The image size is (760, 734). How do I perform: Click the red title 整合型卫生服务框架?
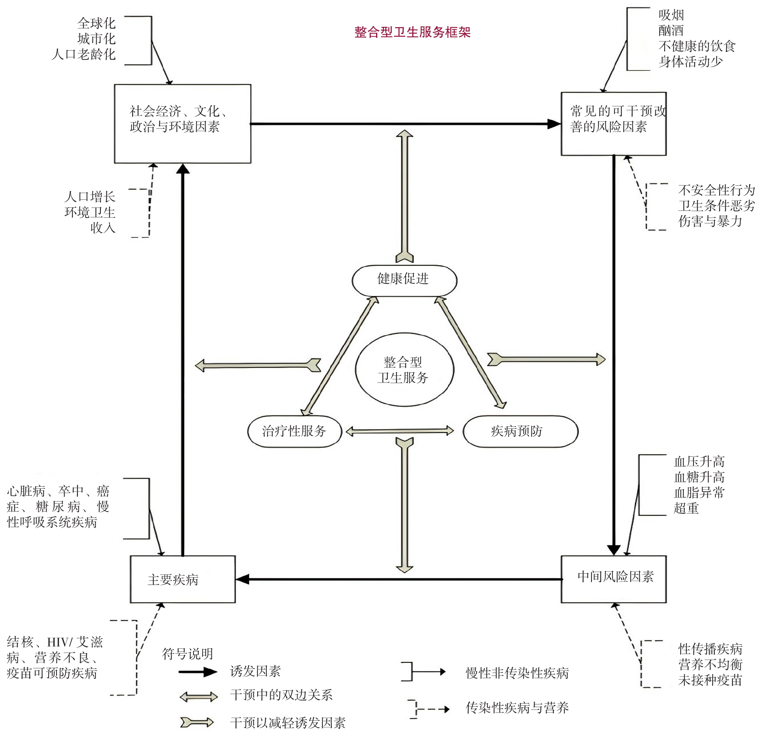[x=412, y=32]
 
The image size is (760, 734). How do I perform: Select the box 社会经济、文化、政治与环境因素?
[x=182, y=123]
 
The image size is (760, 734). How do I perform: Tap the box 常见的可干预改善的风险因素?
[x=613, y=123]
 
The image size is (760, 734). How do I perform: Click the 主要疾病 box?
[x=182, y=579]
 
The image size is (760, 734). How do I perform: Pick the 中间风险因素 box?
[x=613, y=579]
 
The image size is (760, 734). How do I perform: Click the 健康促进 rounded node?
[x=404, y=280]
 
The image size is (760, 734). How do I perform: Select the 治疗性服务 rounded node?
[x=294, y=431]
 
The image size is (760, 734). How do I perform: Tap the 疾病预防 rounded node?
[x=520, y=431]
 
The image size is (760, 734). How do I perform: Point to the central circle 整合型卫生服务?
[x=404, y=370]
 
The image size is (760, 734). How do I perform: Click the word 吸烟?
[x=671, y=15]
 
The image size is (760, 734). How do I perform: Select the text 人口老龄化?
[x=84, y=54]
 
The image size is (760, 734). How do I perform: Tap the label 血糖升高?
[x=699, y=477]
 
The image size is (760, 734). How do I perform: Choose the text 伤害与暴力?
[x=710, y=221]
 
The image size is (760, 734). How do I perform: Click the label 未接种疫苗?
[x=710, y=680]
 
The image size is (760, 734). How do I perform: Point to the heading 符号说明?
[x=187, y=654]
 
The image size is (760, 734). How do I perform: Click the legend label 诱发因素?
[x=255, y=671]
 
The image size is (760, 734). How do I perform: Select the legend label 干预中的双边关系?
[x=281, y=695]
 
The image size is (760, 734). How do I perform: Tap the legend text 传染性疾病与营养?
[x=517, y=707]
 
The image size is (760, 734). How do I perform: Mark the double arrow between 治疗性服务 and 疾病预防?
[x=400, y=431]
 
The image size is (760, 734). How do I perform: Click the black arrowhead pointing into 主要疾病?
[x=243, y=579]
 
